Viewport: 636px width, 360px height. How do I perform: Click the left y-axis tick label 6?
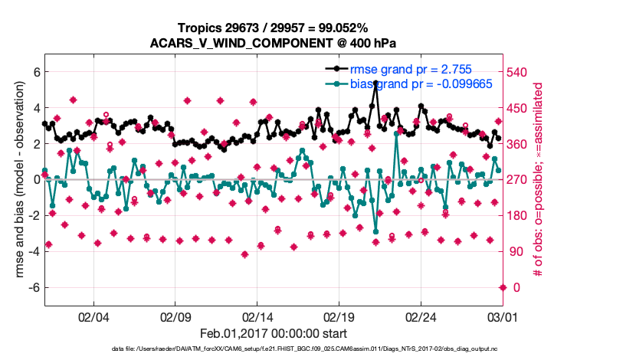click(x=35, y=72)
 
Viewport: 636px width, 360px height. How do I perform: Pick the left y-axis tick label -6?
click(x=33, y=287)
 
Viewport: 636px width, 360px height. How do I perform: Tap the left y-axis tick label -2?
click(x=33, y=215)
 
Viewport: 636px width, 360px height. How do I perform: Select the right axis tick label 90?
click(x=519, y=251)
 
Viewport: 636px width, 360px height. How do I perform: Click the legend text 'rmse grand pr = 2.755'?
click(x=411, y=69)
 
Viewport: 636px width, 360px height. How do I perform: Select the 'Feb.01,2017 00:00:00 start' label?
click(x=273, y=334)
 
